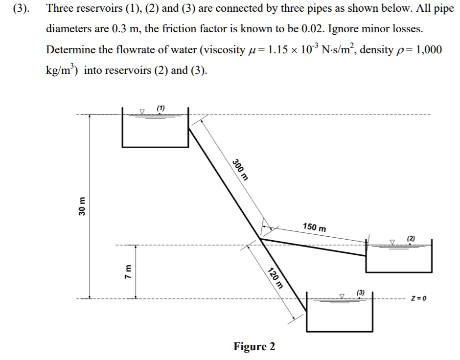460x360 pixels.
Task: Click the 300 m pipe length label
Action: (x=240, y=169)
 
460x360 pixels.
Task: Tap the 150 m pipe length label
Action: (x=315, y=227)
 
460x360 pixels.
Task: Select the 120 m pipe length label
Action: (x=276, y=278)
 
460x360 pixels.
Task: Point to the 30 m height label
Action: (x=82, y=206)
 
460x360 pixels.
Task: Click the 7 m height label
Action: (x=128, y=272)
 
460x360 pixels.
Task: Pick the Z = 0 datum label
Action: (x=418, y=298)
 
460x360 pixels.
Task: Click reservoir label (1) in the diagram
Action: (x=161, y=108)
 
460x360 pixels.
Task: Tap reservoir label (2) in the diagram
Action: (x=411, y=238)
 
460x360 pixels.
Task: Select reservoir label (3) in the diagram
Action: (x=361, y=292)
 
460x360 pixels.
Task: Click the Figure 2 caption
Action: (x=254, y=346)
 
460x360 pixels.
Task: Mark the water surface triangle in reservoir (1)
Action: (x=142, y=112)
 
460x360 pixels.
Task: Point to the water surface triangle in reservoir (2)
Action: (x=392, y=242)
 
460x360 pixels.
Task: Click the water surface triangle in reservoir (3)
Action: (x=342, y=296)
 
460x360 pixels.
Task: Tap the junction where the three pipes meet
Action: (x=260, y=239)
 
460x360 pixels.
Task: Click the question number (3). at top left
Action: (x=21, y=8)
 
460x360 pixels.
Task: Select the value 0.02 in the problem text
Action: (x=313, y=29)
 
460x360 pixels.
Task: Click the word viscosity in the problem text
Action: (x=225, y=49)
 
